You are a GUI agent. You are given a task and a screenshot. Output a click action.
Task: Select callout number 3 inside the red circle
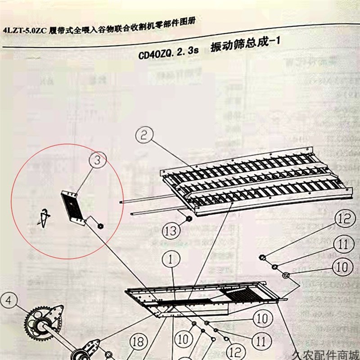pos(99,160)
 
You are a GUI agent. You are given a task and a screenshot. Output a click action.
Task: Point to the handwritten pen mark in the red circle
pos(44,219)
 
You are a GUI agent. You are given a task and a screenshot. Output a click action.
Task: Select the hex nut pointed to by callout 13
pos(189,219)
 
